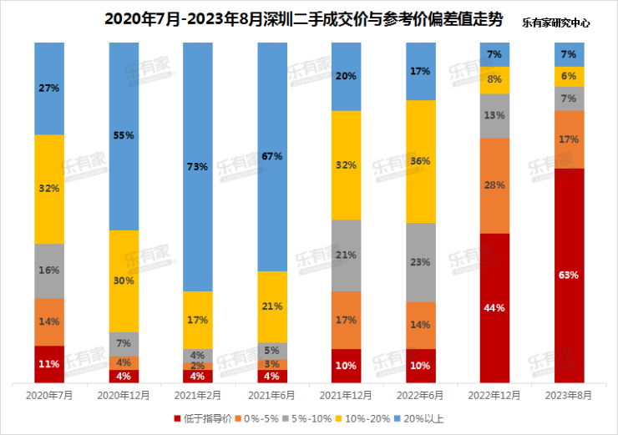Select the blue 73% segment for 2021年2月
point(198,167)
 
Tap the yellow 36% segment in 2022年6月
point(421,161)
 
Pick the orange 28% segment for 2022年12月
point(494,185)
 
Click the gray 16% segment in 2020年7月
point(49,271)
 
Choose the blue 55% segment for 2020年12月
point(124,135)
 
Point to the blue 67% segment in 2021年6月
point(272,156)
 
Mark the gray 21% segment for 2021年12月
point(347,255)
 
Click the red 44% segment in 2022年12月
point(494,308)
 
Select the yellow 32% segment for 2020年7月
point(49,189)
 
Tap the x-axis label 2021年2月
point(198,394)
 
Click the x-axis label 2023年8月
point(569,394)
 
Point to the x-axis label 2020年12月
point(124,394)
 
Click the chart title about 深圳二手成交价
point(305,19)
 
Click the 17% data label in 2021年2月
point(198,319)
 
